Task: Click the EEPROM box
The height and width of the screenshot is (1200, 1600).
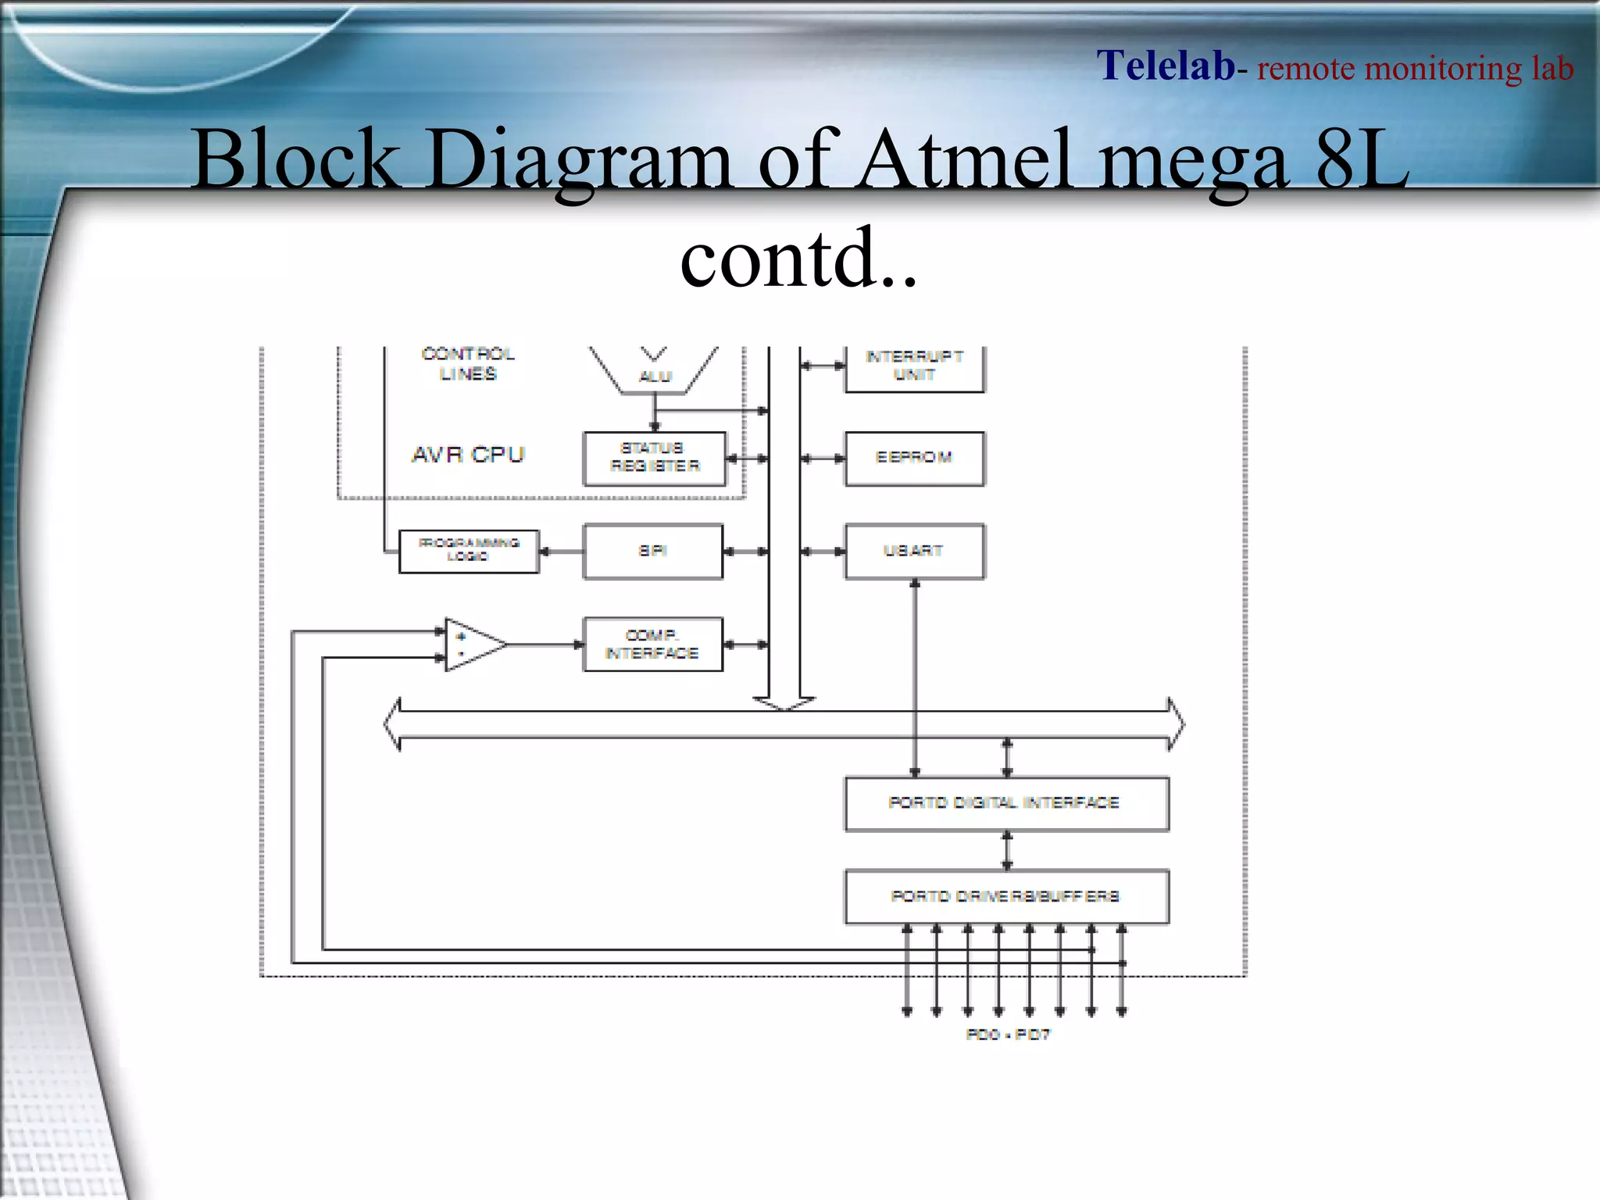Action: tap(914, 459)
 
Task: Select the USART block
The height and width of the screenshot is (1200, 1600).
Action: tap(914, 552)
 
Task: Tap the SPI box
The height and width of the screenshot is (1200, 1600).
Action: tap(653, 552)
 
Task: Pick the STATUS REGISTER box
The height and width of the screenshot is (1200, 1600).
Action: tap(655, 459)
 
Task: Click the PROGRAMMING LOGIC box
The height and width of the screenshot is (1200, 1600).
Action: tap(469, 551)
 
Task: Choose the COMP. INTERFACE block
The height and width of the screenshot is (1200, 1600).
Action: tap(653, 645)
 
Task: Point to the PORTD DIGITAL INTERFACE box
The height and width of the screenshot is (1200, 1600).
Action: tap(1006, 804)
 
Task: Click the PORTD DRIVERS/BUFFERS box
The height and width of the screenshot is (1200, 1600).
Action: tap(1006, 897)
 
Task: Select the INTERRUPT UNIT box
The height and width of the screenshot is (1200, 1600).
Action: tap(914, 366)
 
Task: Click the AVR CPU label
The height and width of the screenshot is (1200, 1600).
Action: tap(468, 455)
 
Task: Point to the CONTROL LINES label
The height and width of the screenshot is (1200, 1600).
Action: tap(468, 364)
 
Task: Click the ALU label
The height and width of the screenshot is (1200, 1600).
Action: tap(655, 377)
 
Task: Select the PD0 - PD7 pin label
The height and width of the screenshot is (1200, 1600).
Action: tap(1008, 1034)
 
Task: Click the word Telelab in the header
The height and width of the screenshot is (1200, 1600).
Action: tap(1165, 66)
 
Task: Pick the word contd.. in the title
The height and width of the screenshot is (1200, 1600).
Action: tap(798, 258)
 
